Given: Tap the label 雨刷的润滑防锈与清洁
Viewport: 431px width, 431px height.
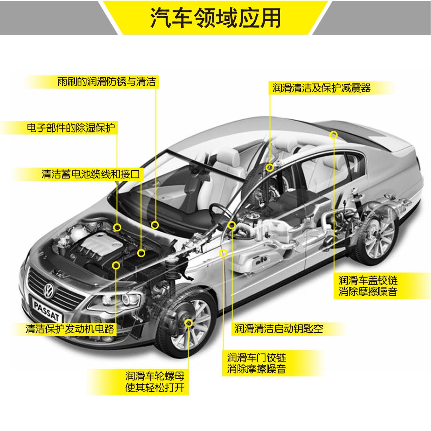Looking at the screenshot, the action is coord(106,82).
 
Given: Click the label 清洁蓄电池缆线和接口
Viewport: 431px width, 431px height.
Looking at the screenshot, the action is coord(92,174).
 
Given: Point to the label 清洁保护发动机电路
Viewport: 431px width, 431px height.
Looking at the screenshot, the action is coord(70,329).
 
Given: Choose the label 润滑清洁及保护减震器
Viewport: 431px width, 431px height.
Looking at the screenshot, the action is coord(322,88).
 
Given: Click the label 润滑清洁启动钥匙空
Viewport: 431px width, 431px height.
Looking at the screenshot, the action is coord(279,328).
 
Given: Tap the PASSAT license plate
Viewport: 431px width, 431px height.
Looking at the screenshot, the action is coord(46,310).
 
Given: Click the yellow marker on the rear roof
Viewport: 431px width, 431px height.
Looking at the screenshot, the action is coord(334,135).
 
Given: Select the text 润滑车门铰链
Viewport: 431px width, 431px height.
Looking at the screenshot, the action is coord(257,357).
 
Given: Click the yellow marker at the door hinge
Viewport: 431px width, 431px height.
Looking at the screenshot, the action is coord(223,252).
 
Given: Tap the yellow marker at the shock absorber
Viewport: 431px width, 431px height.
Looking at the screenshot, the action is coord(270,167).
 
